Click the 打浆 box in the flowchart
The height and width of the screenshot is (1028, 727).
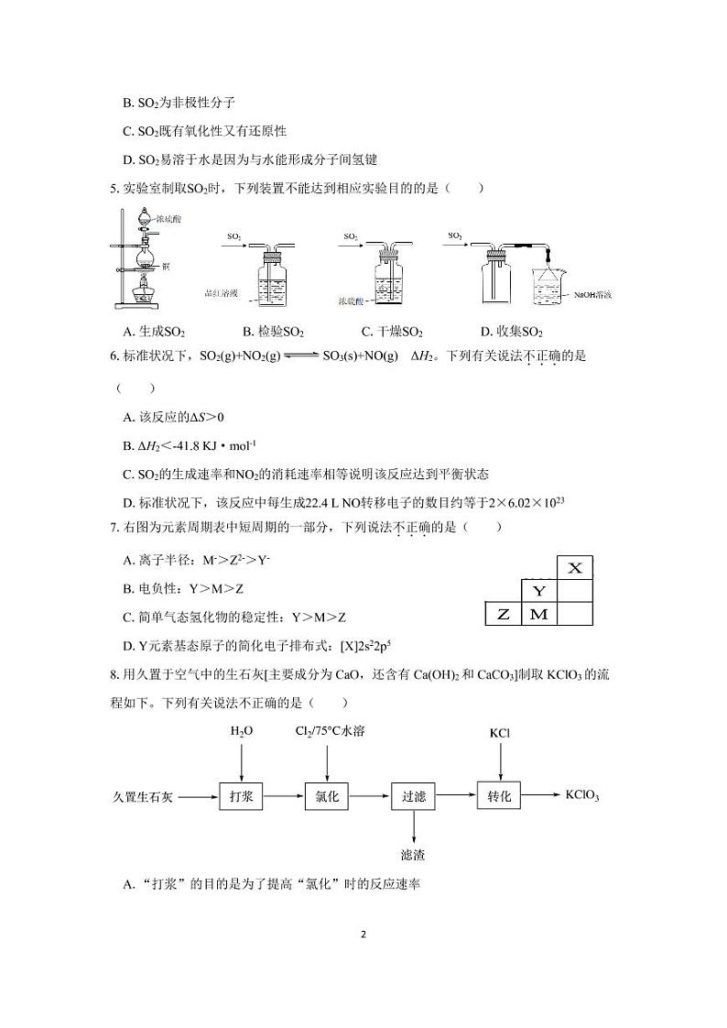pyautogui.click(x=242, y=796)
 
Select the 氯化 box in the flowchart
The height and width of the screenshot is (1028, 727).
pyautogui.click(x=327, y=796)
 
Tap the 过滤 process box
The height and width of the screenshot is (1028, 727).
pyautogui.click(x=414, y=796)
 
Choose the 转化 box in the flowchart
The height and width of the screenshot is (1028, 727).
pyautogui.click(x=499, y=796)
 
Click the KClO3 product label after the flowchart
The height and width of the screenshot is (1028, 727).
pyautogui.click(x=582, y=795)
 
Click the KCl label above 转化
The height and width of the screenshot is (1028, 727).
pyautogui.click(x=500, y=733)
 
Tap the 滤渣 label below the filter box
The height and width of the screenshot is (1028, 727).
pyautogui.click(x=414, y=855)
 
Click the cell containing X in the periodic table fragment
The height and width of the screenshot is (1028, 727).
pyautogui.click(x=575, y=568)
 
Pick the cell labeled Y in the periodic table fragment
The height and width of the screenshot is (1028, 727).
pyautogui.click(x=539, y=591)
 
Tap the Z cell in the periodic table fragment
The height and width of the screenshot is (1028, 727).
pyautogui.click(x=503, y=615)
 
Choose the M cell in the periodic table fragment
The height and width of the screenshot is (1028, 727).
pyautogui.click(x=539, y=615)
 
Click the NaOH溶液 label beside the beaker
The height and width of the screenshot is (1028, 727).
pyautogui.click(x=592, y=295)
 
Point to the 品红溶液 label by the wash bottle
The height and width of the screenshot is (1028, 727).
pyautogui.click(x=222, y=293)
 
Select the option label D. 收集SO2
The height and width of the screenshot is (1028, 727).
pyautogui.click(x=512, y=332)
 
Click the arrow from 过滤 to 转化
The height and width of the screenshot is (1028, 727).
pyautogui.click(x=457, y=796)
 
